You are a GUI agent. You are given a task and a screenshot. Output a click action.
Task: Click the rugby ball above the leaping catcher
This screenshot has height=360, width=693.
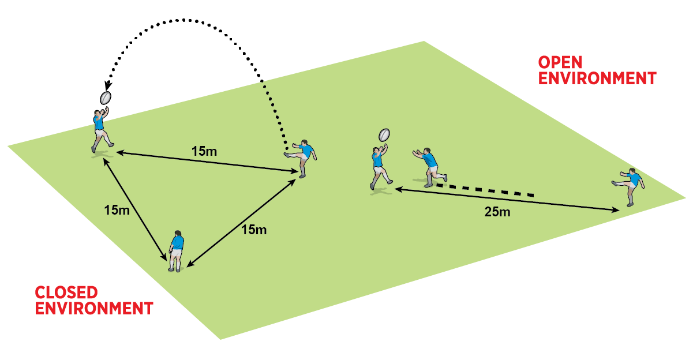click(x=106, y=97)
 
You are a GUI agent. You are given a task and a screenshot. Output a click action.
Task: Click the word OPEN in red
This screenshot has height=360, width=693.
click(x=560, y=62)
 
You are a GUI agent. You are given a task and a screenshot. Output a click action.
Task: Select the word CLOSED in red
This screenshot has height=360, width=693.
click(x=66, y=292)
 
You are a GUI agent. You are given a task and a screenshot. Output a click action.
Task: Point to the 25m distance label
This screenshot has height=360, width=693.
click(x=497, y=212)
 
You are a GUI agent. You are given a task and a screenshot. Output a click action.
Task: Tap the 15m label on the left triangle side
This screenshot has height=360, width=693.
click(x=117, y=210)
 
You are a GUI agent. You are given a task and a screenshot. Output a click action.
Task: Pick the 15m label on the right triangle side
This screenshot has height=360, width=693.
click(x=253, y=230)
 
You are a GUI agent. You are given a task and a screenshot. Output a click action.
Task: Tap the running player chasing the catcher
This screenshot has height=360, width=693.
click(x=429, y=166)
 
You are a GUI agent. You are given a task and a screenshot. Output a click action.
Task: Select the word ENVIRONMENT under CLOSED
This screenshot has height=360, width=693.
click(x=94, y=308)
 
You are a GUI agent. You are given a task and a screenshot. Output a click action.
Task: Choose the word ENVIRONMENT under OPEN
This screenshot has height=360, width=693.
click(x=597, y=78)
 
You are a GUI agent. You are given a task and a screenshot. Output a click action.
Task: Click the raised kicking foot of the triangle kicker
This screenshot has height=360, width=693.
click(x=287, y=153)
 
